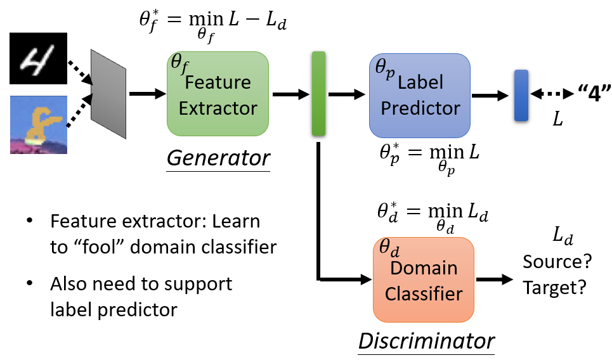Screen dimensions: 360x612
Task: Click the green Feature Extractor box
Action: [x=218, y=94]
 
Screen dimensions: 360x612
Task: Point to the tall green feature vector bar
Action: [x=318, y=94]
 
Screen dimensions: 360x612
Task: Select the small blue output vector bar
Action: [x=521, y=95]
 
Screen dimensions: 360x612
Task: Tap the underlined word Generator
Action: [x=218, y=158]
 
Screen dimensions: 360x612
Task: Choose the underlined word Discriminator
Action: [x=426, y=341]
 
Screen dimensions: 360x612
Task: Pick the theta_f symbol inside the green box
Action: [x=180, y=63]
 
